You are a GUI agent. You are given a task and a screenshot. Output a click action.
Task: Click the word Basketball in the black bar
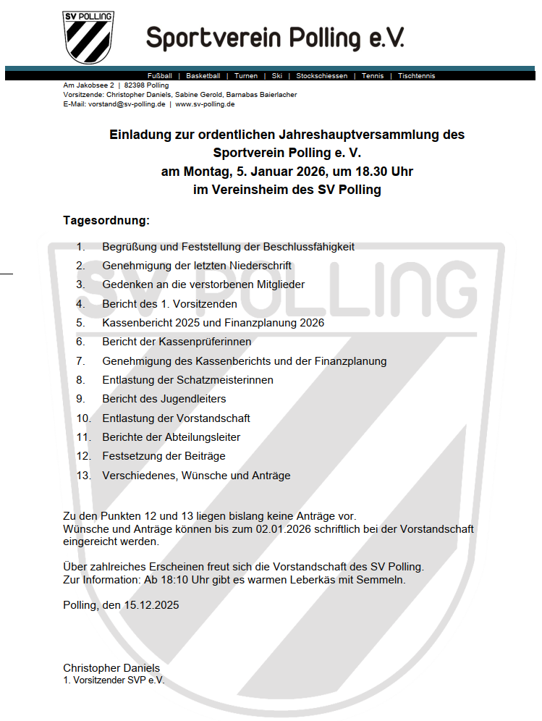(203, 76)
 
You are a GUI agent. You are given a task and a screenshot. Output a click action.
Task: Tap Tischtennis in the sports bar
(417, 76)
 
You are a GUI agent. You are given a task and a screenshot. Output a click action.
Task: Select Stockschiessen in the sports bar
(322, 76)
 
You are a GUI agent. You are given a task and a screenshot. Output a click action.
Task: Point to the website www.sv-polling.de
(205, 104)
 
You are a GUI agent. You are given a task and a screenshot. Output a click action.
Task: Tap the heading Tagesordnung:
(106, 219)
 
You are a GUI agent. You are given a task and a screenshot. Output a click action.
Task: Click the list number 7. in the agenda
(80, 360)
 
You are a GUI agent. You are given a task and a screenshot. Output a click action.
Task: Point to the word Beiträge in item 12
(204, 456)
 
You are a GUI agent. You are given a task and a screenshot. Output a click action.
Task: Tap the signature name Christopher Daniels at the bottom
(111, 667)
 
